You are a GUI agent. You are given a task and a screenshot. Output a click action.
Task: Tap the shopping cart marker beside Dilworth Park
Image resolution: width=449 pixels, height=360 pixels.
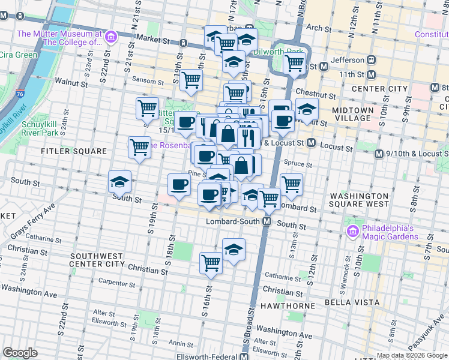[294, 63]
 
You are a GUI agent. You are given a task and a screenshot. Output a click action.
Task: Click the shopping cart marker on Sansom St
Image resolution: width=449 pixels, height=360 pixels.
[191, 80]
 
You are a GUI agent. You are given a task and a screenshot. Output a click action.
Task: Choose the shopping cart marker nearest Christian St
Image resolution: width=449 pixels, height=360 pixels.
[211, 263]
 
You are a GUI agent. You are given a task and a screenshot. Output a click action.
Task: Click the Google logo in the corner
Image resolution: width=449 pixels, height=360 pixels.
[20, 353]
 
